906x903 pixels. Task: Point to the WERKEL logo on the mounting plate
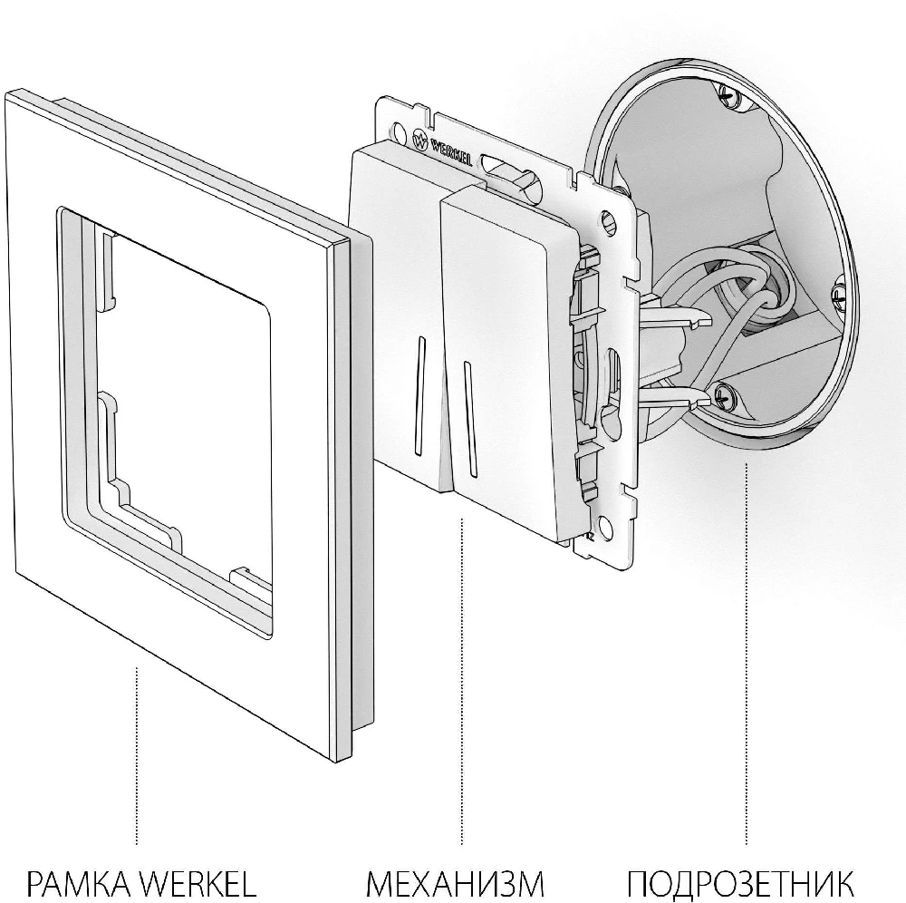[x=443, y=150]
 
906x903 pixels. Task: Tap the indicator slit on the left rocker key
[x=419, y=395]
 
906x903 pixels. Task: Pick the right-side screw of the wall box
[x=842, y=295]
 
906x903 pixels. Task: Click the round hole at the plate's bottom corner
[x=605, y=525]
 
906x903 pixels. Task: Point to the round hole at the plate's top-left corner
[x=398, y=131]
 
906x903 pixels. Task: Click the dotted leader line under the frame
[x=137, y=755]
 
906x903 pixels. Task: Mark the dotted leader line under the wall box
[x=746, y=653]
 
